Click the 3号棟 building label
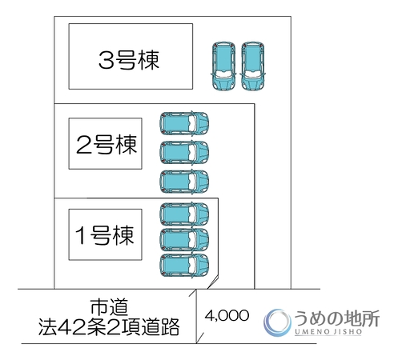coord(129,60)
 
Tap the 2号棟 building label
coord(107,144)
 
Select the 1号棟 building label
coord(104,234)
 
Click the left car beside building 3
coord(224,66)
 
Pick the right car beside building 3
coord(253,66)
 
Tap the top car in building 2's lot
coord(184,123)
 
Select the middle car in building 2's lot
coord(184,152)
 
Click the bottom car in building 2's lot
coord(184,182)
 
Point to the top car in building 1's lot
coord(184,214)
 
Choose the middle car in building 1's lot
coord(184,239)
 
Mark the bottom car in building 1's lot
coord(184,266)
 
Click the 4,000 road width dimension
coord(227,316)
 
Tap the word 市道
coord(109,307)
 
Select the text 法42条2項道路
coord(109,326)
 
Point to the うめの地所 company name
coord(337,318)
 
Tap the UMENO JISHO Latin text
coord(328,332)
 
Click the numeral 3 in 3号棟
coord(107,60)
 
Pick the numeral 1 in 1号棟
coord(81,235)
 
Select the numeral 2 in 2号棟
coord(84,145)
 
